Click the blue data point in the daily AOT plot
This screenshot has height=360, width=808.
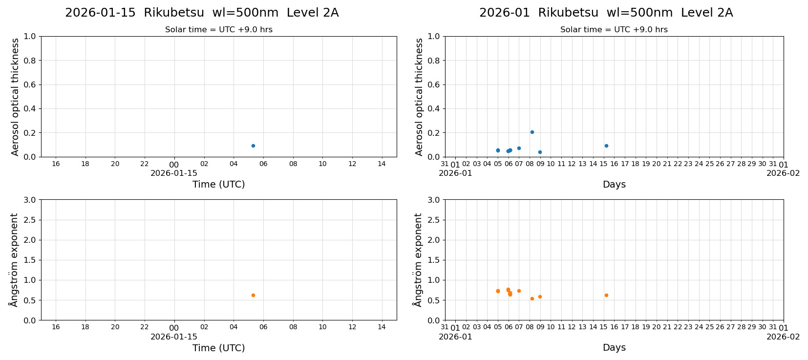pyautogui.click(x=253, y=146)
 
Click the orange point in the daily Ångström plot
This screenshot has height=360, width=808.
pyautogui.click(x=253, y=295)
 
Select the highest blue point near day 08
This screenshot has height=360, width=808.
pyautogui.click(x=532, y=132)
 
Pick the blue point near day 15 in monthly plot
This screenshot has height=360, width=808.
pyautogui.click(x=606, y=146)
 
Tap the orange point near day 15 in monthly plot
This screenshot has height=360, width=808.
pyautogui.click(x=606, y=295)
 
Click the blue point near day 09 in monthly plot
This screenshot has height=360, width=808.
pyautogui.click(x=540, y=152)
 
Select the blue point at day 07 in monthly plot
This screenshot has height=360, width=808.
pyautogui.click(x=519, y=148)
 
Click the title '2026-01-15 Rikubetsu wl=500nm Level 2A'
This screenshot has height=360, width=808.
pyautogui.click(x=202, y=13)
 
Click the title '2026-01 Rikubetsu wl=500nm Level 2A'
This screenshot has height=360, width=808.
pyautogui.click(x=606, y=13)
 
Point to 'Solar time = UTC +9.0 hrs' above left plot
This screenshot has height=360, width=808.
pyautogui.click(x=219, y=30)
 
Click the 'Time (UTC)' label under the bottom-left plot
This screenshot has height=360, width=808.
pyautogui.click(x=218, y=348)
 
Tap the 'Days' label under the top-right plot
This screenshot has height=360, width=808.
pyautogui.click(x=614, y=185)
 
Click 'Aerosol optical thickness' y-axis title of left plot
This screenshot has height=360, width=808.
pyautogui.click(x=15, y=97)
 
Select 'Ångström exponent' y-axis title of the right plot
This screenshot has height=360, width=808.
pyautogui.click(x=418, y=260)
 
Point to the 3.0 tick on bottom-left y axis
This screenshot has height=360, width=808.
pyautogui.click(x=30, y=200)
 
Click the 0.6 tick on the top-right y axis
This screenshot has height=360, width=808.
pyautogui.click(x=434, y=85)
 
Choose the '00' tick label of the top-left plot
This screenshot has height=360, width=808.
pyautogui.click(x=174, y=165)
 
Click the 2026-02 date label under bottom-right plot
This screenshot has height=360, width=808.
pyautogui.click(x=783, y=337)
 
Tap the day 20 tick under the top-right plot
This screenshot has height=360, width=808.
pyautogui.click(x=657, y=164)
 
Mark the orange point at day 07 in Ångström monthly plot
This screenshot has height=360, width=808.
pyautogui.click(x=519, y=291)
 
